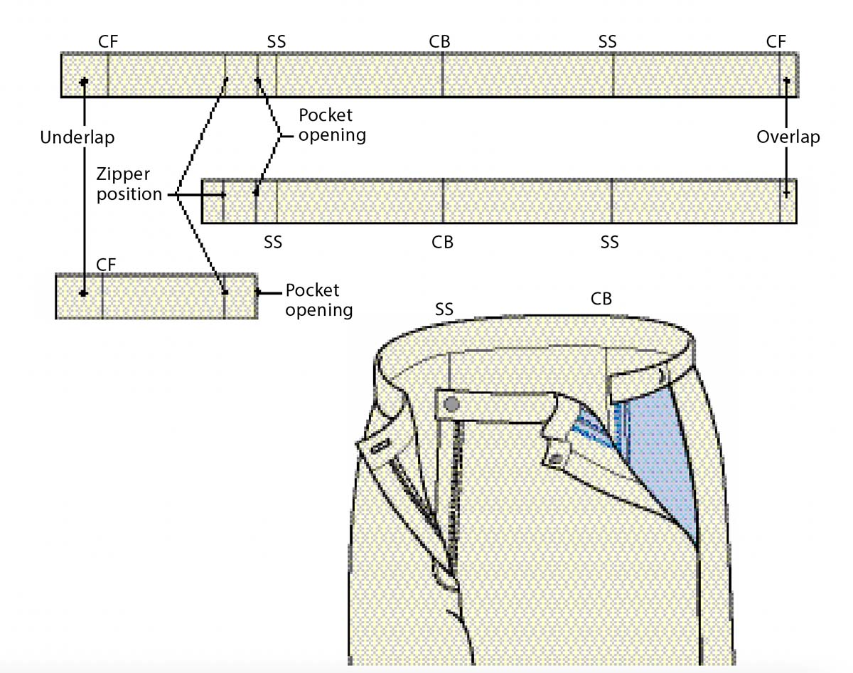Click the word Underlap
pyautogui.click(x=77, y=137)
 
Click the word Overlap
pyautogui.click(x=788, y=137)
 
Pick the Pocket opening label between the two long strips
pyautogui.click(x=331, y=125)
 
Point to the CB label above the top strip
pyautogui.click(x=440, y=42)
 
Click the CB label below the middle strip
pyautogui.click(x=442, y=243)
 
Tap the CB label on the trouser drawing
pyautogui.click(x=601, y=299)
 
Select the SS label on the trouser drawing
pyautogui.click(x=444, y=309)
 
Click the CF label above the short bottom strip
pyautogui.click(x=106, y=265)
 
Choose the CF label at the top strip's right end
pyautogui.click(x=776, y=42)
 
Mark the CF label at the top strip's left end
pyautogui.click(x=108, y=42)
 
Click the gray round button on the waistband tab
pyautogui.click(x=450, y=405)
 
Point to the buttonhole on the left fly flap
pyautogui.click(x=380, y=445)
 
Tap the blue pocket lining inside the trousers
pyautogui.click(x=658, y=455)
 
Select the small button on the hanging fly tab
pyautogui.click(x=554, y=456)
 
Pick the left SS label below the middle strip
pyautogui.click(x=273, y=243)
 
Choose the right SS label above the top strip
pyautogui.click(x=608, y=42)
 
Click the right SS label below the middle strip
pyautogui.click(x=609, y=243)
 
